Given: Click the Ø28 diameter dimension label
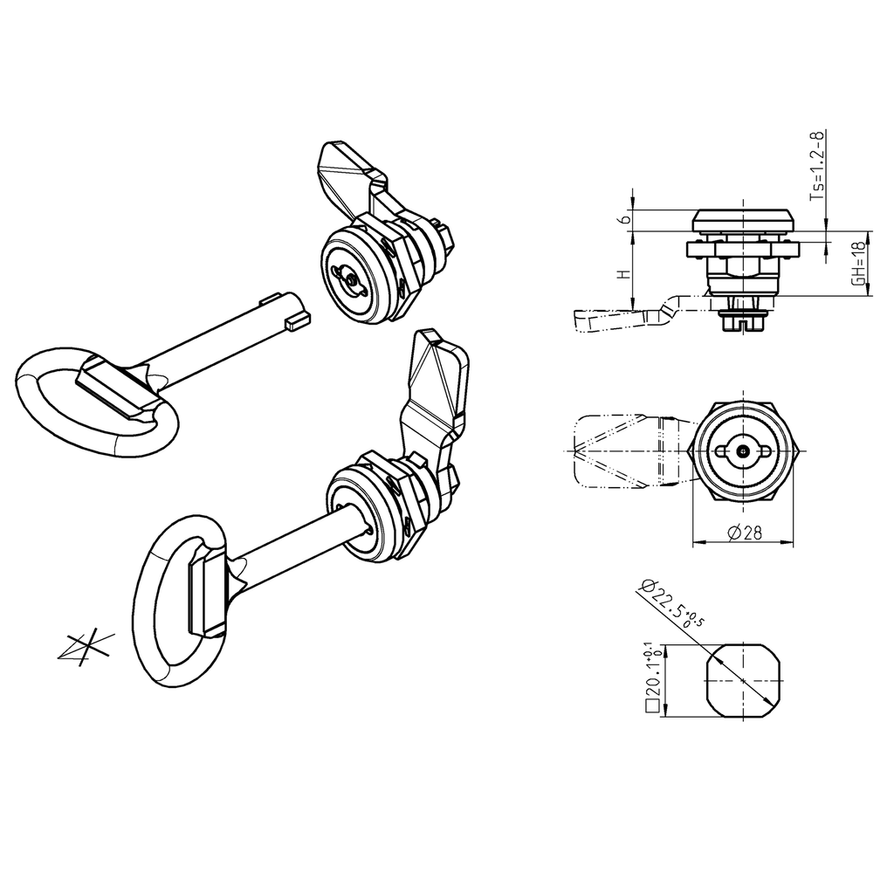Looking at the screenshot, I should point(743,533).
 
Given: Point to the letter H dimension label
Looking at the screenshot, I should point(622,273).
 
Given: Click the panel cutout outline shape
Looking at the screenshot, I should point(742,680).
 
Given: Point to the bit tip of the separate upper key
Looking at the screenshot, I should point(297,320).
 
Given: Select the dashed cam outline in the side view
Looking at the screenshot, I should point(620,320).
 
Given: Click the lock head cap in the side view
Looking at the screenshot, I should point(742,220).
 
